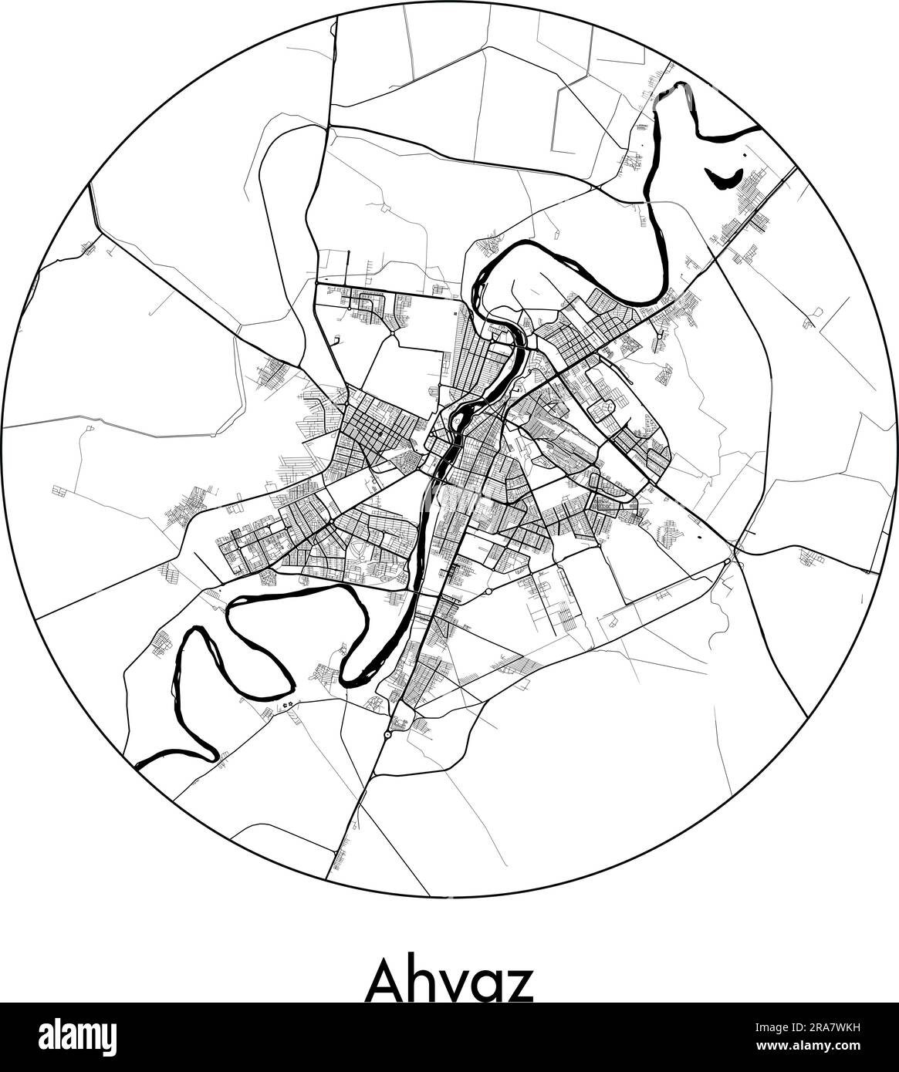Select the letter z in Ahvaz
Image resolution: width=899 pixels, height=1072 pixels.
point(519,985)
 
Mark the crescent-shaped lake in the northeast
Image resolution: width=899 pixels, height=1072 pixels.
point(722,181)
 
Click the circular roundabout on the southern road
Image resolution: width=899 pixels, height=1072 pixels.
point(387,734)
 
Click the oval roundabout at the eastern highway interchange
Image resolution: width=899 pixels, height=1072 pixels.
point(735,547)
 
